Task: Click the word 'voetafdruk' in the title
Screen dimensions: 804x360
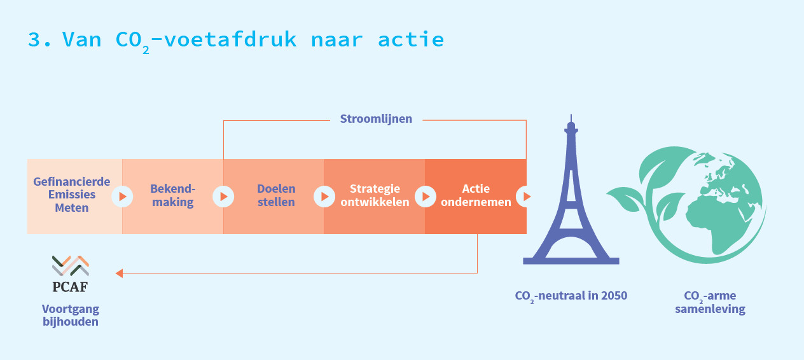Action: click(230, 39)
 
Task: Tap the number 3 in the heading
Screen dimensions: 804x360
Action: click(34, 39)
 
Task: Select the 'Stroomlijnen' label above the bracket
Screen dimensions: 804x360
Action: click(376, 119)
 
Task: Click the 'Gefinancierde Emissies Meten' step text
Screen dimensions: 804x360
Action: click(72, 195)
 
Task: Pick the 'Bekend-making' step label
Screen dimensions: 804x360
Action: click(172, 195)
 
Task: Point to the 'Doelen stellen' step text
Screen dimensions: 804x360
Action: click(276, 195)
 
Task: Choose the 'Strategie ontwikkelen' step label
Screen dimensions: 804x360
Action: click(375, 195)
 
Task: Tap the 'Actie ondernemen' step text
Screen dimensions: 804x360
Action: click(476, 195)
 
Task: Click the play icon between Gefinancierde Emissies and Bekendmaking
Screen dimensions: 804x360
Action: click(122, 197)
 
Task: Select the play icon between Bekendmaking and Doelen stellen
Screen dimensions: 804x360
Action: click(223, 197)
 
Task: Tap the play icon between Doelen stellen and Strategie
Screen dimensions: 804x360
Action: click(324, 197)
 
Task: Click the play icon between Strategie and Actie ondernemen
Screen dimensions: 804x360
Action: click(426, 197)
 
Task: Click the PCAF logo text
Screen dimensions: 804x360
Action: click(70, 287)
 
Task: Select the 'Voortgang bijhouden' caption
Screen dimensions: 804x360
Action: click(71, 315)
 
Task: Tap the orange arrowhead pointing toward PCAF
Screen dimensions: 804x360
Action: click(119, 273)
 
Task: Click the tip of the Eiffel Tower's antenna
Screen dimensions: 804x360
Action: click(571, 115)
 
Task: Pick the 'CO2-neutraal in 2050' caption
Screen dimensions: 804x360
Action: click(571, 296)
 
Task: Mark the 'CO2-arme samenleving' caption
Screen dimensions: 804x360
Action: click(710, 302)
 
